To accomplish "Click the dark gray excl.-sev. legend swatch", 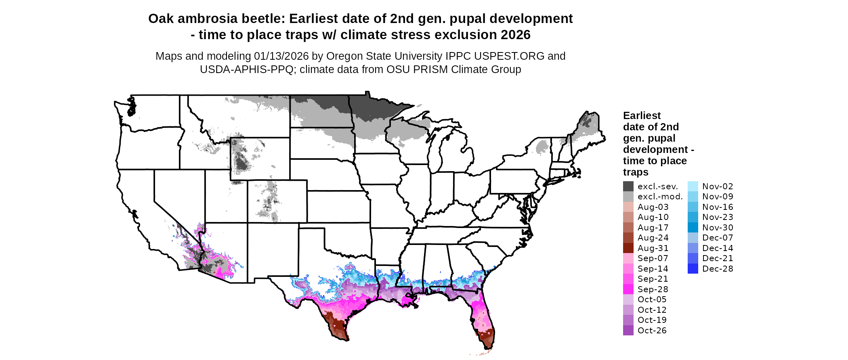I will coord(628,186).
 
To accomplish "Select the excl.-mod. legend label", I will coord(660,197).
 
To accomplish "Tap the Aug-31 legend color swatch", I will coord(628,248).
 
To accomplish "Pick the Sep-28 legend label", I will coord(653,289).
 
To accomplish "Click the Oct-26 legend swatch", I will coord(628,331).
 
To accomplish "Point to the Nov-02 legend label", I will coord(717,186).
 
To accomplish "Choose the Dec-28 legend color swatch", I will coord(693,269).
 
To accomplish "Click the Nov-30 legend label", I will coord(717,228).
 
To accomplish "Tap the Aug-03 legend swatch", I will coord(628,207).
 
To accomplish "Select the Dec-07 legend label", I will coord(717,238).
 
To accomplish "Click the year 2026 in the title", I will coord(515,35).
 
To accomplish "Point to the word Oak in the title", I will coord(161,19).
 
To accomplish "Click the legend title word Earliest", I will coord(642,116).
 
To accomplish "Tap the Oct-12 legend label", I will coord(652,310).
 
